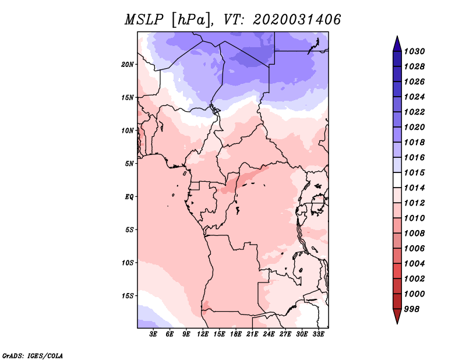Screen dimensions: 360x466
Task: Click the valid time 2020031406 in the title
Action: tap(297, 20)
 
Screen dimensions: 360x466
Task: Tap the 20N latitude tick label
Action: tap(128, 64)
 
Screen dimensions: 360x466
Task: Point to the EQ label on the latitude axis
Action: tap(129, 197)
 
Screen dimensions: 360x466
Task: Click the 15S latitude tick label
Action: tap(128, 296)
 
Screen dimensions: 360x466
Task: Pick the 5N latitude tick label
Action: tap(129, 164)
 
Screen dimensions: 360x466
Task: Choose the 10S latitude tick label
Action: tap(128, 263)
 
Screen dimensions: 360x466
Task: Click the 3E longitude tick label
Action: tap(154, 334)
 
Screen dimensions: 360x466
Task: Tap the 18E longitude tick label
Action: tap(236, 334)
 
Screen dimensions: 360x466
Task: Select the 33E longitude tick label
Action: tap(318, 334)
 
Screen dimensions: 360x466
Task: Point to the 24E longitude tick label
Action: tap(269, 334)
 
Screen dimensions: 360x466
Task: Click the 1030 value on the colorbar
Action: tap(416, 51)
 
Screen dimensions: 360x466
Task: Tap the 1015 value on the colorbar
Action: tap(416, 172)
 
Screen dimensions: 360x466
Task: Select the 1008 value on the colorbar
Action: tap(416, 233)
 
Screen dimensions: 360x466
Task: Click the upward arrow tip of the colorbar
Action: tap(396, 38)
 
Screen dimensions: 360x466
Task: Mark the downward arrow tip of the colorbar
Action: tap(396, 322)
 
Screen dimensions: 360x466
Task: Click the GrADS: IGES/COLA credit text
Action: tap(32, 355)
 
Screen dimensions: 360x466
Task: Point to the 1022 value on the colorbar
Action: tap(416, 112)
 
